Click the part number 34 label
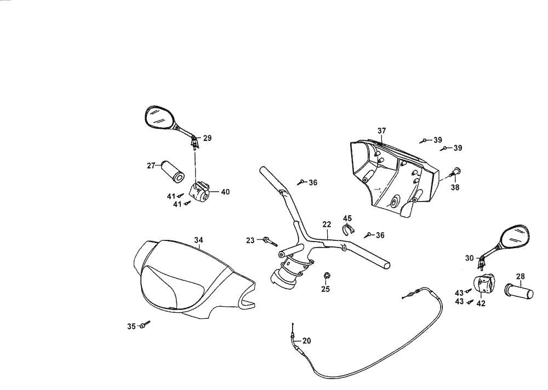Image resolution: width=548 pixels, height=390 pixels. click(198, 239)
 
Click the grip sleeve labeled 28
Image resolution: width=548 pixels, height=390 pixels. click(521, 292)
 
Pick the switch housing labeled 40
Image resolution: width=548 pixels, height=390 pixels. click(199, 192)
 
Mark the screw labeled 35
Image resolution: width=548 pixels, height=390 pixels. click(144, 325)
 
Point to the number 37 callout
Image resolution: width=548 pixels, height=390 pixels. click(382, 130)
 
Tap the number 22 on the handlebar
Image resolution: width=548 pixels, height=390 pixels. click(327, 225)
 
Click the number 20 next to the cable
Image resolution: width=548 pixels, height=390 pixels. click(306, 340)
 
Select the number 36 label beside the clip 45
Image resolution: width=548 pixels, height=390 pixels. click(380, 234)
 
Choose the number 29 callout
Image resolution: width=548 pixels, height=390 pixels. click(207, 138)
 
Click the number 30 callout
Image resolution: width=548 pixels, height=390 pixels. click(469, 258)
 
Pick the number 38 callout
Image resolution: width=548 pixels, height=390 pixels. click(455, 187)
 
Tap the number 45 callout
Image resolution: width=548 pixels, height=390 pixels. click(347, 218)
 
